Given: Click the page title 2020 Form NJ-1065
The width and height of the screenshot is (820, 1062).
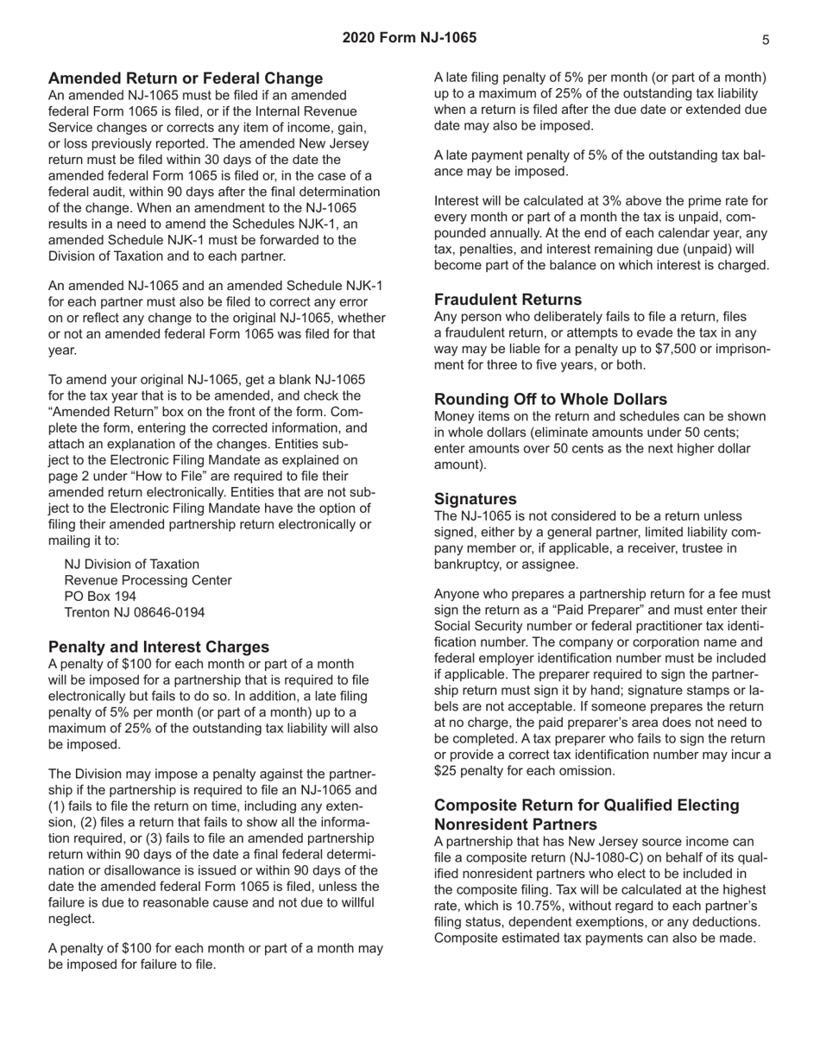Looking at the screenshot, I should (x=409, y=38).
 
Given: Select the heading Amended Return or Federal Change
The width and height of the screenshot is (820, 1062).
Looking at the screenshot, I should (x=186, y=79).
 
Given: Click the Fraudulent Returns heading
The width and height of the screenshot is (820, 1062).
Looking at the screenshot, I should (x=508, y=300).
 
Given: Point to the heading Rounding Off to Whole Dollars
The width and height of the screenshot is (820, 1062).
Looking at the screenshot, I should (x=551, y=399).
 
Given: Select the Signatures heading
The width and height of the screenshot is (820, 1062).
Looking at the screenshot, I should (x=476, y=498).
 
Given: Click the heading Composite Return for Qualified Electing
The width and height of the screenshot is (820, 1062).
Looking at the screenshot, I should (x=587, y=805).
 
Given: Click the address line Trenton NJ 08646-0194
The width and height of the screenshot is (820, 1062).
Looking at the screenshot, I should (x=135, y=612).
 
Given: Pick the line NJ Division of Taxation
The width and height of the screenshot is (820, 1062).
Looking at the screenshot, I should (x=132, y=564).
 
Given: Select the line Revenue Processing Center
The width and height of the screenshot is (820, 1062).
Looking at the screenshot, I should (x=148, y=580).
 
